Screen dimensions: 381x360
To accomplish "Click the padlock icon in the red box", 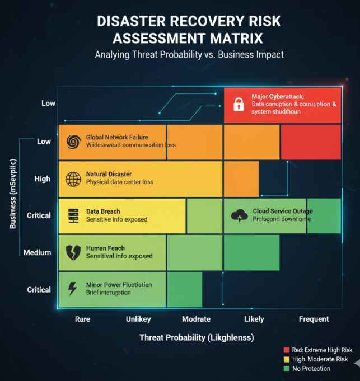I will (239, 104).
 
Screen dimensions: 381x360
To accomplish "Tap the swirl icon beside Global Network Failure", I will (73, 142).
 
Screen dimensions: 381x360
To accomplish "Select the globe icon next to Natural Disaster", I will (73, 179).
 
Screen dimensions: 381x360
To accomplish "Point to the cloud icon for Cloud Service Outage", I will (240, 215).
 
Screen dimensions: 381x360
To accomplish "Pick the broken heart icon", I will (73, 252).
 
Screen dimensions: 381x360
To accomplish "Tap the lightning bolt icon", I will (73, 289).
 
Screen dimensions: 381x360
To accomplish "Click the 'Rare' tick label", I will (82, 319).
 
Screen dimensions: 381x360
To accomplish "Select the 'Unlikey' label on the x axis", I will (138, 319).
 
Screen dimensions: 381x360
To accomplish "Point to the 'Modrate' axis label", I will (196, 319).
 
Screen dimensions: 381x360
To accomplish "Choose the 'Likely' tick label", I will (254, 319).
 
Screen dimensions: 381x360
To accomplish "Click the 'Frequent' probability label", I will (314, 319).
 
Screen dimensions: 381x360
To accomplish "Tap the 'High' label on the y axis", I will (43, 179).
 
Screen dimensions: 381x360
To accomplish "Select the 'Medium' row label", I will (37, 252).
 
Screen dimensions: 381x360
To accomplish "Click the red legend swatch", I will (287, 350).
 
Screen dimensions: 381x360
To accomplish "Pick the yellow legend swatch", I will (287, 359).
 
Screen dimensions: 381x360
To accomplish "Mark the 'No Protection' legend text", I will (311, 369).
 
